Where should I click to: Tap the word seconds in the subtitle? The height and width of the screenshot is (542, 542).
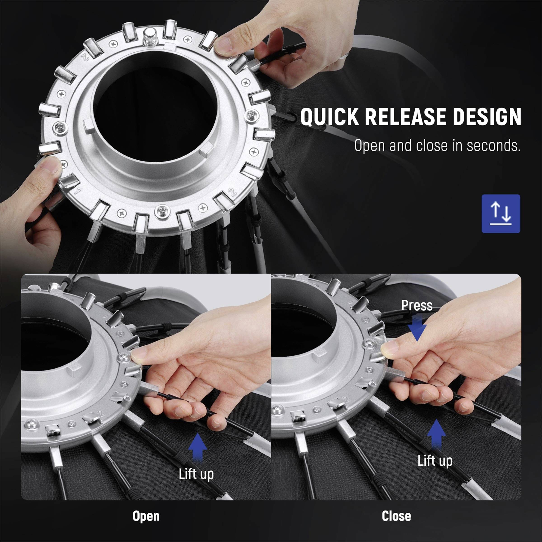(x=493, y=146)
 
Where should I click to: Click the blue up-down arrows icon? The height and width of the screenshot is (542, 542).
(x=501, y=214)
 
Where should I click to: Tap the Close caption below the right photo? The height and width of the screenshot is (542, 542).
(x=396, y=516)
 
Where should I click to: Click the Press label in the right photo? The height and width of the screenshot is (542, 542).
(x=417, y=306)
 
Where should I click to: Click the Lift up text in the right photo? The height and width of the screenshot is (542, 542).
(x=435, y=461)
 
